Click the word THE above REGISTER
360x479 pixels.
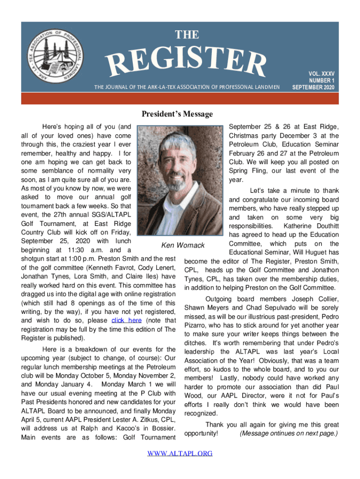pos(187,35)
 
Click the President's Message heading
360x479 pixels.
pos(177,114)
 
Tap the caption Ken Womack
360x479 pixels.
pos(183,245)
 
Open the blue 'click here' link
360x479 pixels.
pos(126,320)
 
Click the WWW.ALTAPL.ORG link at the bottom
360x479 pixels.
pos(180,453)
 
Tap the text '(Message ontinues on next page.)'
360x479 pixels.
pos(288,434)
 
